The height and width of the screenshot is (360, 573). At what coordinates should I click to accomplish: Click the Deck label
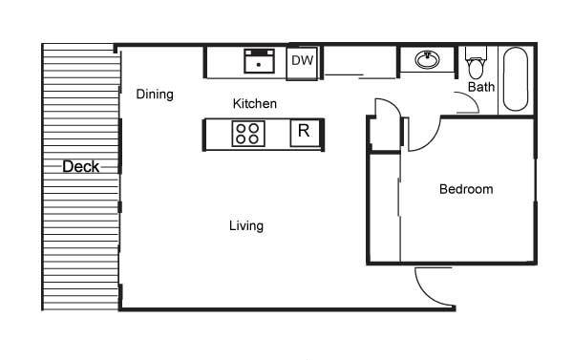pyautogui.click(x=81, y=167)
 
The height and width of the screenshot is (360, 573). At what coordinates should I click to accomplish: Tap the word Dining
pyautogui.click(x=155, y=95)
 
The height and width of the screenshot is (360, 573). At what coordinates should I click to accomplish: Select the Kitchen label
pyautogui.click(x=255, y=103)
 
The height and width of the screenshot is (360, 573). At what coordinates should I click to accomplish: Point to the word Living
pyautogui.click(x=246, y=226)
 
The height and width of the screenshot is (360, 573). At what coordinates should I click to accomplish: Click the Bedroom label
pyautogui.click(x=466, y=189)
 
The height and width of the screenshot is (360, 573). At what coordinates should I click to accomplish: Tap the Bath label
pyautogui.click(x=481, y=87)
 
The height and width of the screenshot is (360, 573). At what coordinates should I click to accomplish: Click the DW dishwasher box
pyautogui.click(x=302, y=61)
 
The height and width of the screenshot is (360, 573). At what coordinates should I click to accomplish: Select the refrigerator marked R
pyautogui.click(x=305, y=133)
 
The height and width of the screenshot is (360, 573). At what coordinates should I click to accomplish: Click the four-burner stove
pyautogui.click(x=248, y=134)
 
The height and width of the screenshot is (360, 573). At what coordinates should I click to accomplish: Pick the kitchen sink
pyautogui.click(x=259, y=61)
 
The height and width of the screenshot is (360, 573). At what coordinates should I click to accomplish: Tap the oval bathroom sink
pyautogui.click(x=427, y=59)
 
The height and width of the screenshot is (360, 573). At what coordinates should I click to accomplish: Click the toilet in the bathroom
pyautogui.click(x=477, y=62)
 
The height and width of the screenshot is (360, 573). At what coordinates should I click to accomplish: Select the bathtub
pyautogui.click(x=516, y=79)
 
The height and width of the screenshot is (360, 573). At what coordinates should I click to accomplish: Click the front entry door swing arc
pyautogui.click(x=424, y=293)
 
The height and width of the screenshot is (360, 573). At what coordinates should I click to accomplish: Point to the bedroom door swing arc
pyautogui.click(x=433, y=140)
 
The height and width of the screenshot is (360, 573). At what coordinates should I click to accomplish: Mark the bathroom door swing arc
pyautogui.click(x=472, y=98)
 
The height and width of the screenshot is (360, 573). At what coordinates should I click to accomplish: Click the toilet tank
pyautogui.click(x=477, y=53)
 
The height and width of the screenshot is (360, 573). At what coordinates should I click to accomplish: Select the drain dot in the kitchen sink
pyautogui.click(x=259, y=65)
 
